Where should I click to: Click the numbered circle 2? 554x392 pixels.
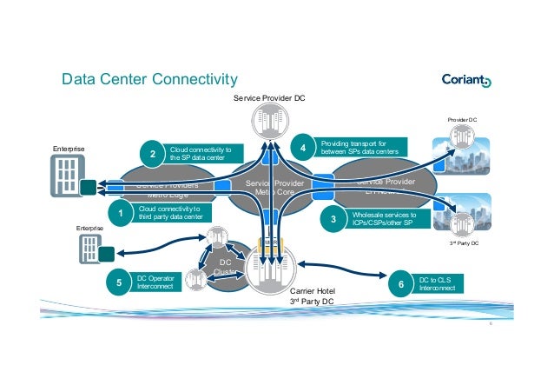153,156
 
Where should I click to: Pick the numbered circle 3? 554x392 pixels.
333,221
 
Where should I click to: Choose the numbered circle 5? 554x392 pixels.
119,282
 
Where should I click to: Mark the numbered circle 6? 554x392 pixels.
401,283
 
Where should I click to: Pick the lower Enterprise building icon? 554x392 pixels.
89,249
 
